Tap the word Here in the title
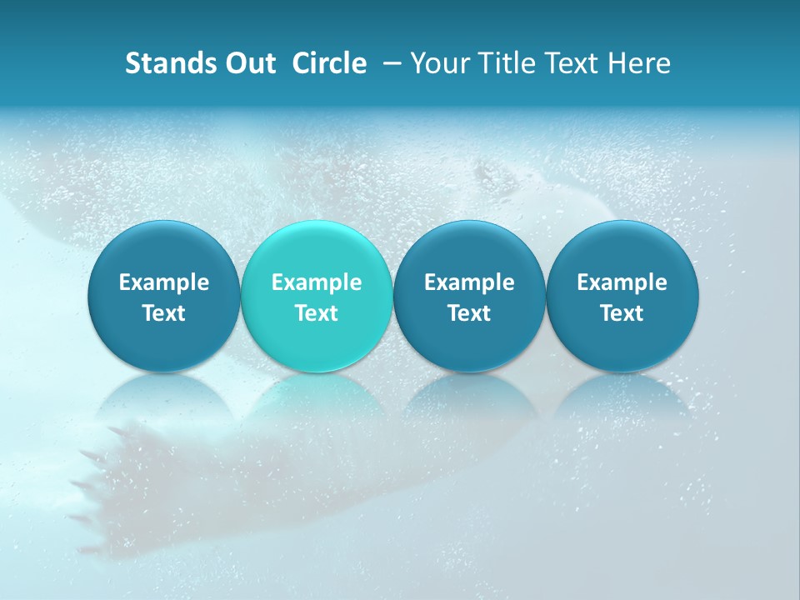pyautogui.click(x=639, y=63)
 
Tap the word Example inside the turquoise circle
pyautogui.click(x=317, y=282)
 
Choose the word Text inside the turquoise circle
pyautogui.click(x=317, y=313)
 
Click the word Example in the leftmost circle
pyautogui.click(x=163, y=282)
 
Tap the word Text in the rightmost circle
pyautogui.click(x=622, y=313)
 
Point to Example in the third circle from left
pyautogui.click(x=469, y=282)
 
